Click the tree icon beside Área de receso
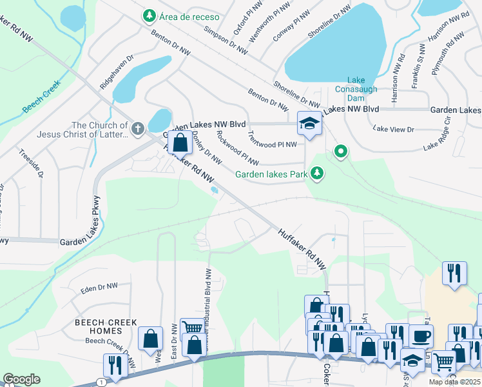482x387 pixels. pyautogui.click(x=149, y=16)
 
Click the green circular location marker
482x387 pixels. pyautogui.click(x=341, y=152)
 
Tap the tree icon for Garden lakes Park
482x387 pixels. pyautogui.click(x=316, y=173)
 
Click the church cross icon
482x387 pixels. pyautogui.click(x=137, y=130)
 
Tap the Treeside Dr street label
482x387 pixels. pyautogui.click(x=31, y=165)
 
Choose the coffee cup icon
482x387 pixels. pyautogui.click(x=421, y=336)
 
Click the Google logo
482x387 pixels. pyautogui.click(x=21, y=379)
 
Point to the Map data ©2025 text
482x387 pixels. pyautogui.click(x=454, y=382)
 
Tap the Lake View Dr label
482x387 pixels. pyautogui.click(x=393, y=130)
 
